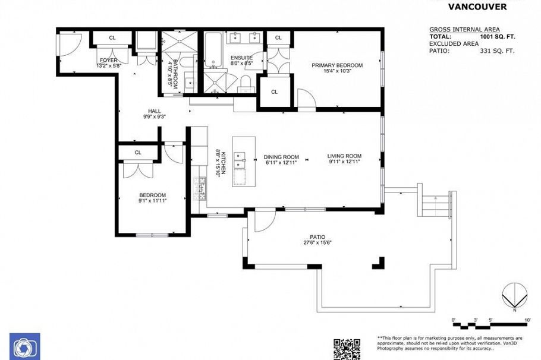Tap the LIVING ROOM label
(344, 156)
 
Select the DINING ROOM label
(281, 157)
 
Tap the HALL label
(155, 111)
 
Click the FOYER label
(108, 60)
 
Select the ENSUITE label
(241, 58)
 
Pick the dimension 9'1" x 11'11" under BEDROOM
(152, 201)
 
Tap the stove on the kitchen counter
(202, 187)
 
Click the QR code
(346, 349)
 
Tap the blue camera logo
(25, 346)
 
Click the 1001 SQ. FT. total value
(497, 37)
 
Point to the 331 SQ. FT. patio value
(497, 51)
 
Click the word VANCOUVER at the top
(477, 7)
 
